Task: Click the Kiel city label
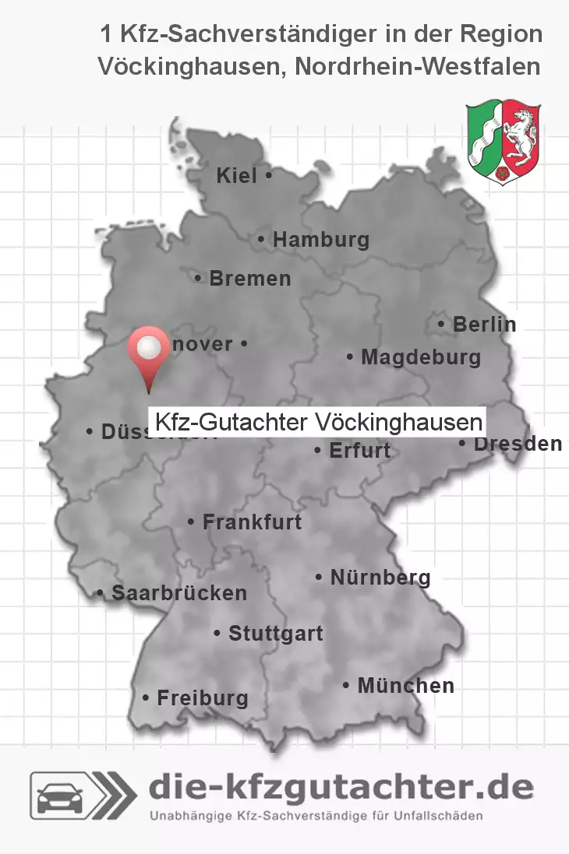click(x=237, y=177)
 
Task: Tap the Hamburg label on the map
click(x=320, y=241)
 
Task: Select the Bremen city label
click(x=249, y=279)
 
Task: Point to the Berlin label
click(x=484, y=325)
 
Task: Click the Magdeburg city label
click(x=420, y=358)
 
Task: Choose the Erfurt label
click(x=359, y=451)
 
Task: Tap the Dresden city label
click(x=518, y=445)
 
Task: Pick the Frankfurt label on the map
click(x=252, y=522)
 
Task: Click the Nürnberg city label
click(x=380, y=578)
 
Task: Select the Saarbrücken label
click(x=179, y=593)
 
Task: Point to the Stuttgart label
click(x=275, y=634)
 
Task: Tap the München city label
click(x=405, y=687)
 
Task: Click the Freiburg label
click(x=202, y=698)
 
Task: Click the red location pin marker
click(x=149, y=351)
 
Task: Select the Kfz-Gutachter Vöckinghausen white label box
click(x=318, y=423)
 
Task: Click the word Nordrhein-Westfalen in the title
click(x=416, y=67)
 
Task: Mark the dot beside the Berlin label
click(x=443, y=324)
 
